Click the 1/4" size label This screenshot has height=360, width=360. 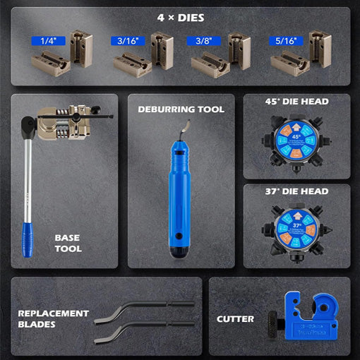click(x=48, y=41)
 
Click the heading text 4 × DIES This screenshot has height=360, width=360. click(x=181, y=17)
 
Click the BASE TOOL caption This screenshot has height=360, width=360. click(x=68, y=243)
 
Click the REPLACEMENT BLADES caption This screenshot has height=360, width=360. click(x=54, y=319)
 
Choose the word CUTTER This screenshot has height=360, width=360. click(x=236, y=319)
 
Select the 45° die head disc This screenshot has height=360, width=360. click(x=296, y=140)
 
